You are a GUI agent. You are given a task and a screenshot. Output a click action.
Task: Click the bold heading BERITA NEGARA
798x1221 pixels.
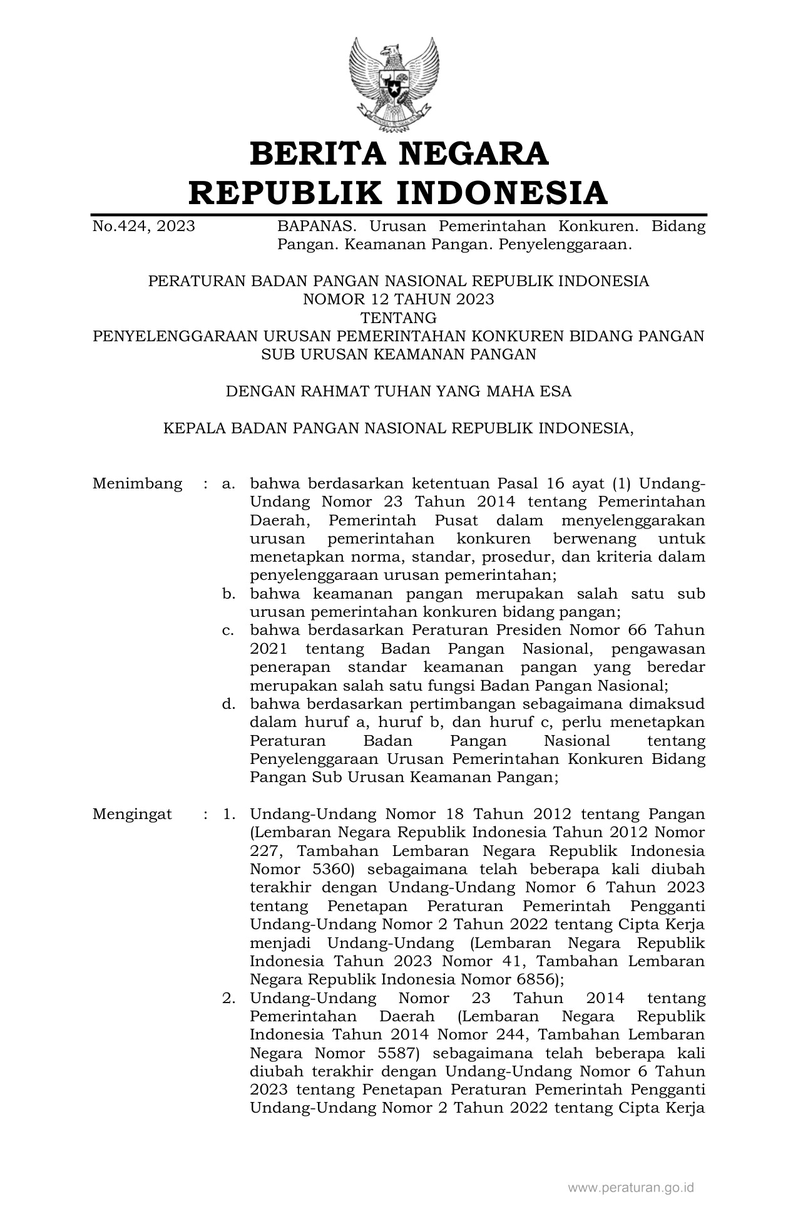(399, 153)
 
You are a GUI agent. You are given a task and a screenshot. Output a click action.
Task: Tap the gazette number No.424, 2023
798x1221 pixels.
(143, 226)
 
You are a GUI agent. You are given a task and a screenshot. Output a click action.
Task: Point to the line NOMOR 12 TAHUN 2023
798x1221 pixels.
(398, 299)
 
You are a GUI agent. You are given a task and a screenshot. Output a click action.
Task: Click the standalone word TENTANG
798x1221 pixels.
(398, 317)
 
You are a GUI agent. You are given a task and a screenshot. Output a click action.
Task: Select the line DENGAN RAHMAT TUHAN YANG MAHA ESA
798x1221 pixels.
(398, 391)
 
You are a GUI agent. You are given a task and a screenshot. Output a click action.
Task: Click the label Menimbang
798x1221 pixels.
(137, 483)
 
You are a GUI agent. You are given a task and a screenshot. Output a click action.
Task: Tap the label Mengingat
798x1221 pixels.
(132, 814)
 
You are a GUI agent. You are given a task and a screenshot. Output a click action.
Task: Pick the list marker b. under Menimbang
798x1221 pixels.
(228, 594)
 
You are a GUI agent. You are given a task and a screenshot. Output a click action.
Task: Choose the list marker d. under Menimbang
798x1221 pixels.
(228, 704)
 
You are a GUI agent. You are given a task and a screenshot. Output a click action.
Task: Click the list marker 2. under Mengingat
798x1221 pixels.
(228, 998)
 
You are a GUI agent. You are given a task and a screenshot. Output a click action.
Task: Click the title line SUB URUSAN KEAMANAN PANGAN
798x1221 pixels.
(398, 354)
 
